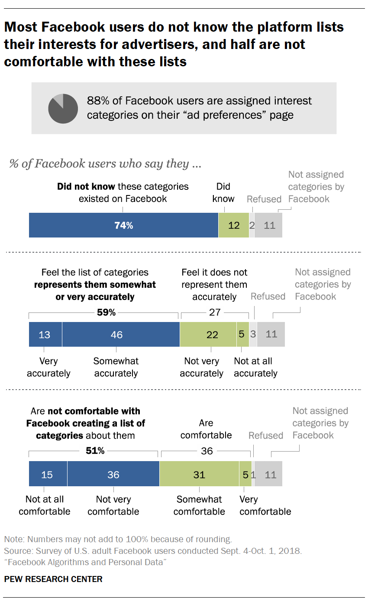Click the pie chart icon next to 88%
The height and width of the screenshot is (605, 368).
click(63, 108)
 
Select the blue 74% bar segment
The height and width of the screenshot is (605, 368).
click(123, 225)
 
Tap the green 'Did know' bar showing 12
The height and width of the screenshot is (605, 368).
click(233, 225)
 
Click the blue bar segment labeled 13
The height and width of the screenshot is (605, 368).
click(45, 334)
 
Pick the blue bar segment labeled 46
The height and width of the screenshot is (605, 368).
click(120, 334)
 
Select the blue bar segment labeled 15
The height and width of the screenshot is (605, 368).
click(48, 475)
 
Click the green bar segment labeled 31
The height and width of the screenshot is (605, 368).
click(199, 475)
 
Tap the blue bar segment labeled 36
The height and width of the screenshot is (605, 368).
click(113, 475)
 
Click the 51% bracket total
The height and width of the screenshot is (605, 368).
click(95, 451)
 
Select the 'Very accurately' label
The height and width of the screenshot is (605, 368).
click(48, 367)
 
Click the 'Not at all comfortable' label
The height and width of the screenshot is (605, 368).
click(45, 505)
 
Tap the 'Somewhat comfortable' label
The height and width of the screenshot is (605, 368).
click(199, 505)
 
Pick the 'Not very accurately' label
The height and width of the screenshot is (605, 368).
click(202, 367)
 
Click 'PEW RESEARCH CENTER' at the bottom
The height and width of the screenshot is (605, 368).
click(53, 579)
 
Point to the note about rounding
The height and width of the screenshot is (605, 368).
click(118, 540)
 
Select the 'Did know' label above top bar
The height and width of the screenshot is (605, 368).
click(223, 192)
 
